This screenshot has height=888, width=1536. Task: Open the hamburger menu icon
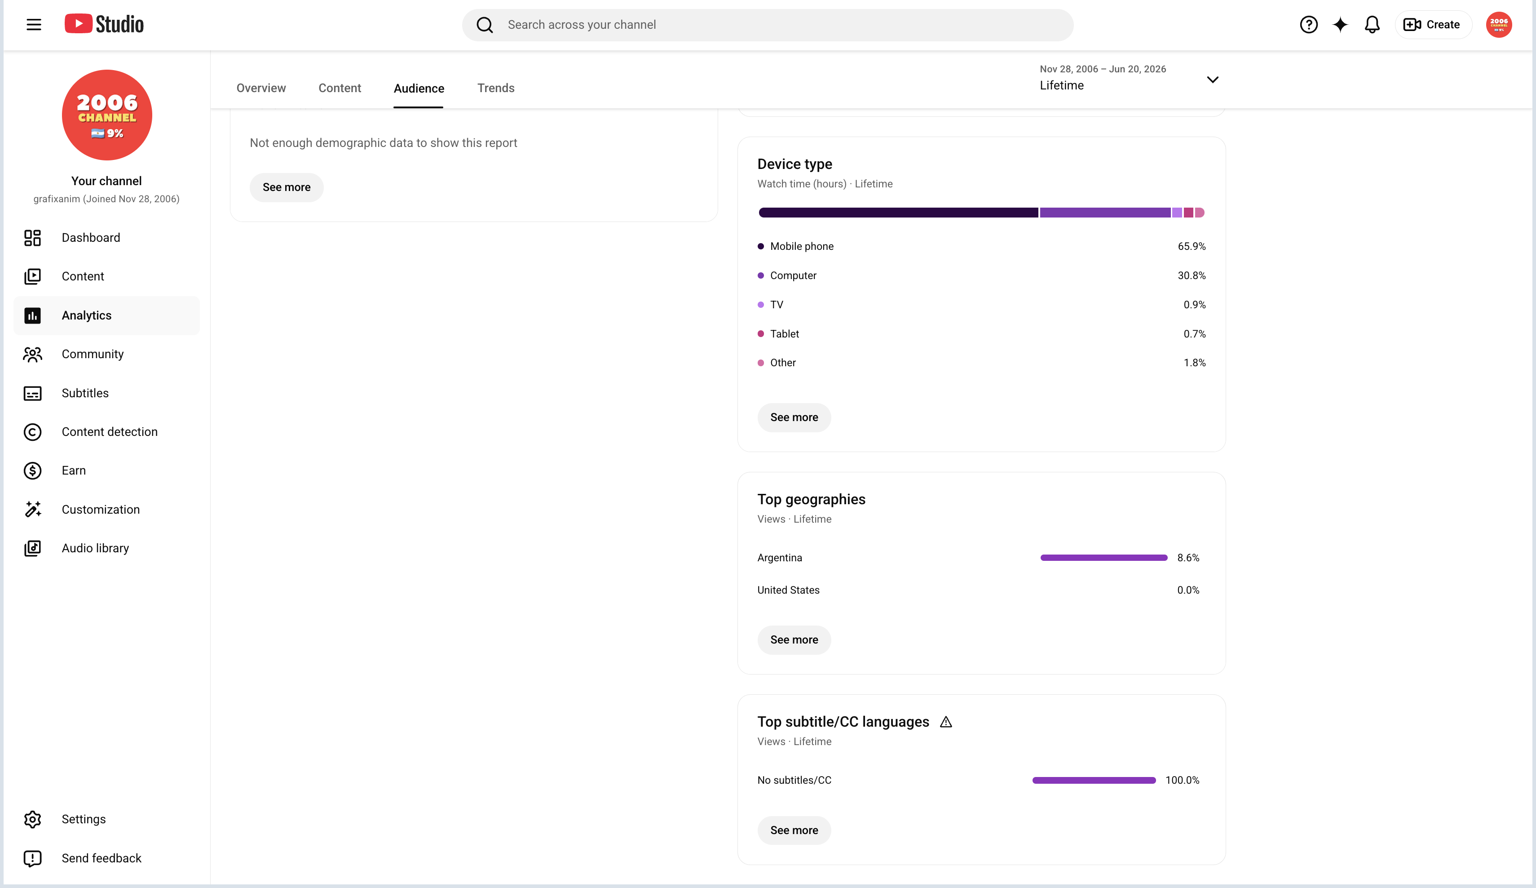[34, 24]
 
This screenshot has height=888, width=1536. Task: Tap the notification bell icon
[1372, 24]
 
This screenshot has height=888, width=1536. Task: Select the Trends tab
[495, 88]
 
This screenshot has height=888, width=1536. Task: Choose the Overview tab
[261, 88]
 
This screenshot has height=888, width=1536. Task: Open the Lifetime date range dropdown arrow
[1212, 79]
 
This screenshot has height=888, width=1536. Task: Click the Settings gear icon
[32, 819]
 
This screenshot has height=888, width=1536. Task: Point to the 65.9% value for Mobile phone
[1191, 246]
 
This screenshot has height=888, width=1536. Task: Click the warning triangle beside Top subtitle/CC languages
[945, 722]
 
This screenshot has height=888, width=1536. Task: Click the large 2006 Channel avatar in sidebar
[107, 115]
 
